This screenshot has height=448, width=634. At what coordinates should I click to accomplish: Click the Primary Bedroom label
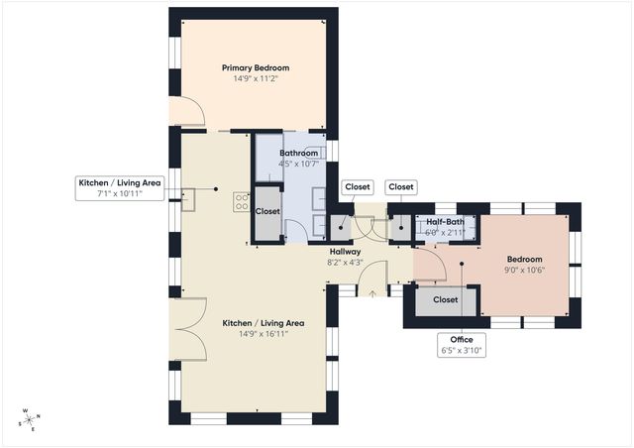coord(256,68)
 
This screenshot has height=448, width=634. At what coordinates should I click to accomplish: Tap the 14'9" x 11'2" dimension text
coord(256,78)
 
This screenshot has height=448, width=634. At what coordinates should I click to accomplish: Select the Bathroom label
coord(299,153)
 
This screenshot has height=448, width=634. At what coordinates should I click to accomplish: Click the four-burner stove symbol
coord(242,202)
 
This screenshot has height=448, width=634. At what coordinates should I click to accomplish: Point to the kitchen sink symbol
coord(188,200)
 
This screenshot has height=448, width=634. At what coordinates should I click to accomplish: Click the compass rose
coord(30,420)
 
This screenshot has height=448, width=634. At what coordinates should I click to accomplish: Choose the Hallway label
coord(345,252)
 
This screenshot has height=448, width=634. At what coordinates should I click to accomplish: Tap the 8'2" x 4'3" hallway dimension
coord(345,263)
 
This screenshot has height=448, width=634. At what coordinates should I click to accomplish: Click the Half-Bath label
coord(445,222)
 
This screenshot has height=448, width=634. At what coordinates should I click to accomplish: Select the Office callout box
coord(462,345)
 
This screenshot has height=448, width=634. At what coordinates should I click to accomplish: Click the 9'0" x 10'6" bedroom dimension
coord(524,270)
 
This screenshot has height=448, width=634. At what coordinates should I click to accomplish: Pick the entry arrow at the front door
coord(372,293)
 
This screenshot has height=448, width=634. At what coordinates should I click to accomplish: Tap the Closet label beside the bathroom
coord(267,211)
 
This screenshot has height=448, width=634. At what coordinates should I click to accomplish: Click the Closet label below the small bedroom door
coord(445,300)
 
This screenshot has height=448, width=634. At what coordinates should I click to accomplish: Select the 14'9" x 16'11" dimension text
coord(264,334)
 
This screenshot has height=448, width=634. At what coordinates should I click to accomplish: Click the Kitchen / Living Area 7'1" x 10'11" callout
coord(120,188)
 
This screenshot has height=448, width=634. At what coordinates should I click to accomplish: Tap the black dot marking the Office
coord(462,264)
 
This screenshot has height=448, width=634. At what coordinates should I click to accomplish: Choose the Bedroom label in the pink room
coord(524,260)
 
